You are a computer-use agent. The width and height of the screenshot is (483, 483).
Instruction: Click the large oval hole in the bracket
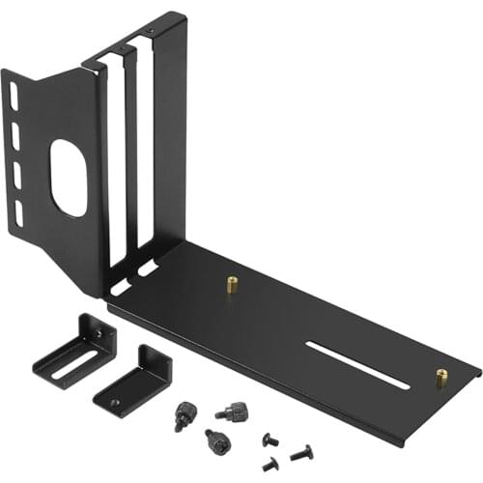click(x=68, y=177)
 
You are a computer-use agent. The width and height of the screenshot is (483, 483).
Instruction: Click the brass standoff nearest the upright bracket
click(x=232, y=284)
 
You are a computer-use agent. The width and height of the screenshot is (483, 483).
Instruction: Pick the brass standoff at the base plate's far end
click(x=441, y=378)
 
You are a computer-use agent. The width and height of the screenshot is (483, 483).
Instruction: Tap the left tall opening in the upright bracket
click(x=115, y=164)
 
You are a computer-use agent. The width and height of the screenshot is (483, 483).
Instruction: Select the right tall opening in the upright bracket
click(x=143, y=155)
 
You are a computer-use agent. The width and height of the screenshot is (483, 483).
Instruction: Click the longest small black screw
click(x=301, y=451)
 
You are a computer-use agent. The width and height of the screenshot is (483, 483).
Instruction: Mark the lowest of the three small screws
click(x=271, y=465)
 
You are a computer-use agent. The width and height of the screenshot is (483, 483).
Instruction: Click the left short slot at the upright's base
click(x=121, y=288)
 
